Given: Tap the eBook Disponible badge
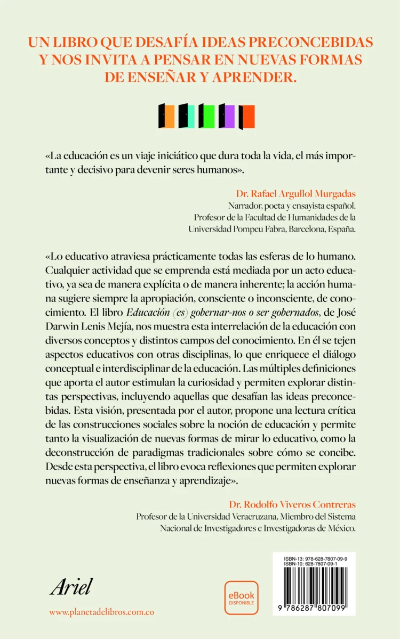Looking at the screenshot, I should coord(241,597).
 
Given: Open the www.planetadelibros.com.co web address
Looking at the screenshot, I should coord(101,612).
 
